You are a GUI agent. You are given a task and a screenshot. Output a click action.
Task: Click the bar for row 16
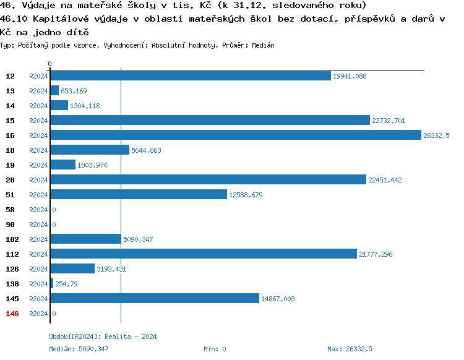pos(235,135)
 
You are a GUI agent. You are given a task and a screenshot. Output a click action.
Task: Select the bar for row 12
pos(190,76)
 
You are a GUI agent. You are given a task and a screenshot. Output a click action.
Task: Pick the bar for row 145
pos(154,299)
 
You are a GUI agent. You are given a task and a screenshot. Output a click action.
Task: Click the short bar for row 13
pos(54,91)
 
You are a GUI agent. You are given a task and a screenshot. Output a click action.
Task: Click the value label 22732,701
pos(389,121)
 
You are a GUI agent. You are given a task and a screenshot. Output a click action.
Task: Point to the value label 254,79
pos(67,284)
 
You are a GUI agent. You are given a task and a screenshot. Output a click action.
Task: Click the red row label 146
pos(12,314)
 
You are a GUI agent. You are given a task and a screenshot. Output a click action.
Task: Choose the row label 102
pos(12,239)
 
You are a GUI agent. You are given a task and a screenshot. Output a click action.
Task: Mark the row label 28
pos(11,180)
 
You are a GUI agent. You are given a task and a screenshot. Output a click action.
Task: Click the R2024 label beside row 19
pos(38,165)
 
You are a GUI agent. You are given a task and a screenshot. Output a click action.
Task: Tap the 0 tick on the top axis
pos(49,64)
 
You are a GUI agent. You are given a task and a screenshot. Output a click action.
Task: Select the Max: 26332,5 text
pos(350,349)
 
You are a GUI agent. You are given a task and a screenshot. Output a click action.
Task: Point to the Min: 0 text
pos(215,349)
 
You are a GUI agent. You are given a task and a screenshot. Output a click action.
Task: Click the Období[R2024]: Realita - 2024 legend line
pos(103,336)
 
